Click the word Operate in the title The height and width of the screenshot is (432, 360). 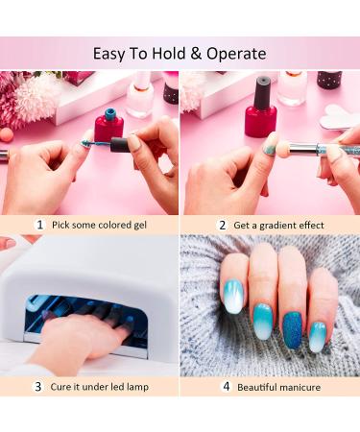pos(236,54)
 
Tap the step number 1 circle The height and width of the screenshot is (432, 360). pos(39,225)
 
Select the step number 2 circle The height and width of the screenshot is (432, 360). pos(222,225)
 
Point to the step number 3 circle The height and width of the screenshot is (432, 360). pos(38,387)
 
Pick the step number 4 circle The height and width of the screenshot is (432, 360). pos(227,387)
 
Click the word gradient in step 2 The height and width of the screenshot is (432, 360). pos(276,226)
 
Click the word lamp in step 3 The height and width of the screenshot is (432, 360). pos(137,387)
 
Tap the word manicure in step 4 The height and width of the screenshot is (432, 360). pos(300,387)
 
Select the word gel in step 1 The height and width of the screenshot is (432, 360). pos(139,226)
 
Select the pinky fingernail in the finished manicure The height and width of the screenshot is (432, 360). pos(317,337)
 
